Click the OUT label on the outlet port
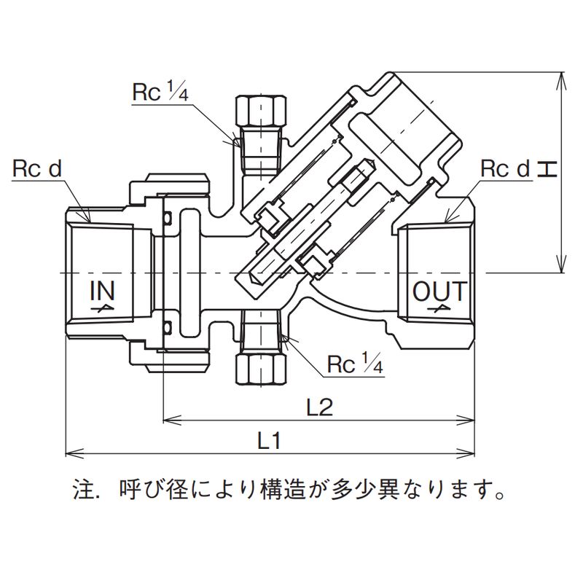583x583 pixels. [438, 291]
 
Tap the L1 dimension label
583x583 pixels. [269, 440]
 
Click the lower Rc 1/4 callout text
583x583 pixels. [355, 362]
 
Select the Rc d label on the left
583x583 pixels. [36, 169]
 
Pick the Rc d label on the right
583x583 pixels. [504, 169]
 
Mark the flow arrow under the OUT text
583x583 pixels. [439, 309]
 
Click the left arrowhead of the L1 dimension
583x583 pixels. [71, 453]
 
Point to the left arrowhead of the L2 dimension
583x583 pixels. [167, 419]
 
